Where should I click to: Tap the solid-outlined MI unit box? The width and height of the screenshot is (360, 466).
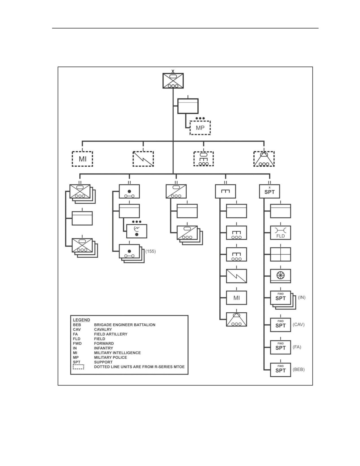237,298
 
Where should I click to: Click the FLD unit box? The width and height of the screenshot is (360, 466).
280,233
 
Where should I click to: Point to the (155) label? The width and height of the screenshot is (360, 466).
150,251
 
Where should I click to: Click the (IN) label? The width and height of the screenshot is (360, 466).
302,297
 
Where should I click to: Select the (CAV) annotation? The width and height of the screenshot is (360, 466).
299,325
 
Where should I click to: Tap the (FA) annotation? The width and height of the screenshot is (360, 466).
297,347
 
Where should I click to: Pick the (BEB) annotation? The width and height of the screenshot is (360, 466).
299,369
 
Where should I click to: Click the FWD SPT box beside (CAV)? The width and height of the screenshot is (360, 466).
280,325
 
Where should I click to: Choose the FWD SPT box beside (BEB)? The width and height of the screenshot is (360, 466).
280,370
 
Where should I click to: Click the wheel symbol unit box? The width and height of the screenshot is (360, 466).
280,276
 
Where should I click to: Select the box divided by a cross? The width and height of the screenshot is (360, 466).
280,254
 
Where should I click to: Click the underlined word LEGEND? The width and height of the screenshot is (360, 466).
82,320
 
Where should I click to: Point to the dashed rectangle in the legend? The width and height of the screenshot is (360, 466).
78,367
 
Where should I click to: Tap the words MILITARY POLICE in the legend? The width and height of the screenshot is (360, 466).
110,358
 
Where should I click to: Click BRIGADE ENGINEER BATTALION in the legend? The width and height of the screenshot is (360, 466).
125,325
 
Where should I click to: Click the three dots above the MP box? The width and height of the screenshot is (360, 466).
200,118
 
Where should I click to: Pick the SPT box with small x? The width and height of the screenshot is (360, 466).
270,191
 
